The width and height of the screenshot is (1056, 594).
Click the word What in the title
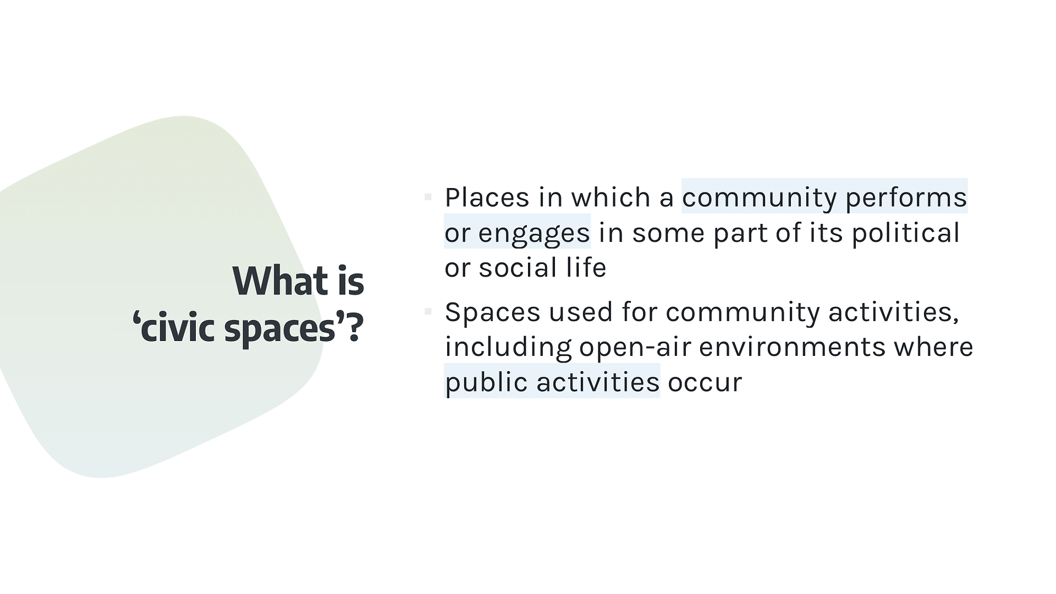point(280,281)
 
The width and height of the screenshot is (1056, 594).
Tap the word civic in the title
point(177,328)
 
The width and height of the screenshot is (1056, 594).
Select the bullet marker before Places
point(428,197)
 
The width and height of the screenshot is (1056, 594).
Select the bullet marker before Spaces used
point(428,312)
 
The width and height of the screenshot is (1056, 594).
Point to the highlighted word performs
point(906,198)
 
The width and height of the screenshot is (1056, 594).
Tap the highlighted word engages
point(534,233)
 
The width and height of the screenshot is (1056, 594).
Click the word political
point(906,233)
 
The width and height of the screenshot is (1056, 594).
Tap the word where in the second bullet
point(933,347)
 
